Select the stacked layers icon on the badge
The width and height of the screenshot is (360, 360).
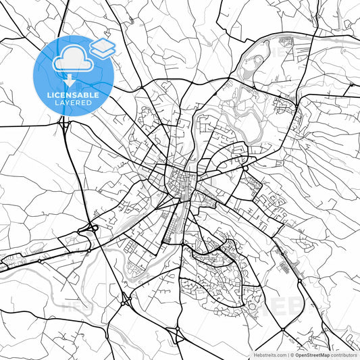coord(103,47)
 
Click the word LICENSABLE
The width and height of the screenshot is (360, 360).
coord(73,95)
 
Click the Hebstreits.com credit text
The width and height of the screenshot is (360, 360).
coord(271,354)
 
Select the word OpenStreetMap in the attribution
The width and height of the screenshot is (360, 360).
coord(312,354)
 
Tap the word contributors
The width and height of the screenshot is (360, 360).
coord(343,354)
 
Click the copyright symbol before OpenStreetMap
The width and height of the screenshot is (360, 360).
coord(292,354)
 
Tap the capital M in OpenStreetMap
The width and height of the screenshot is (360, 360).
coord(322,354)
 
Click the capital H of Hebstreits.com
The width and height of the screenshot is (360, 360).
coord(257,354)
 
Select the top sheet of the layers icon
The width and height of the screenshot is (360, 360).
coord(103,44)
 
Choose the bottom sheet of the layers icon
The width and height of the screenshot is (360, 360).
coord(103,52)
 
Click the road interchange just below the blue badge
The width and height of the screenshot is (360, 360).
coord(66,124)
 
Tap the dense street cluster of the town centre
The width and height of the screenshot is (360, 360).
coord(179,181)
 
